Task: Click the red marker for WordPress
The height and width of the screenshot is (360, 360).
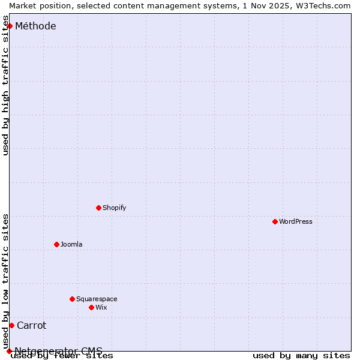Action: pyautogui.click(x=275, y=221)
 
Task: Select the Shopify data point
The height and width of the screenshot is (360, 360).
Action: pyautogui.click(x=98, y=208)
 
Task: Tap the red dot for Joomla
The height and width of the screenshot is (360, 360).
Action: pyautogui.click(x=56, y=244)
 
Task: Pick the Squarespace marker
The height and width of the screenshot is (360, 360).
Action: pyautogui.click(x=72, y=299)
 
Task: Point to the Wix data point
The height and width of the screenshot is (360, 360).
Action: pyautogui.click(x=91, y=307)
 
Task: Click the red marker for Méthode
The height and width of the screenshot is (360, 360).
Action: pyautogui.click(x=10, y=26)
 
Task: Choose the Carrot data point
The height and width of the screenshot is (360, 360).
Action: pyautogui.click(x=11, y=325)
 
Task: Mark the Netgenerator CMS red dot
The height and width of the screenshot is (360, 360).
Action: pyautogui.click(x=9, y=351)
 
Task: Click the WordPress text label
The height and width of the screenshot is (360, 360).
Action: pyautogui.click(x=295, y=221)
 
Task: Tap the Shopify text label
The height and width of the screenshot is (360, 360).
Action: pyautogui.click(x=114, y=208)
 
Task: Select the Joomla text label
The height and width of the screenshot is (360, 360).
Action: pyautogui.click(x=71, y=244)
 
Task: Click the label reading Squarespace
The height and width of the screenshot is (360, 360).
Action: pyautogui.click(x=97, y=299)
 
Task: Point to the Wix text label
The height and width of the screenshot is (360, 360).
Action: pyautogui.click(x=101, y=307)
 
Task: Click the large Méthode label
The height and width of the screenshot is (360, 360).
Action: pyautogui.click(x=35, y=26)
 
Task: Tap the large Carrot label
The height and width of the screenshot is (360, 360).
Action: pyautogui.click(x=31, y=325)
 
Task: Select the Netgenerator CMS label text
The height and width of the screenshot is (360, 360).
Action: pyautogui.click(x=58, y=351)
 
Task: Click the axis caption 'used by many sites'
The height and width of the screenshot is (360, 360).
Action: pyautogui.click(x=301, y=356)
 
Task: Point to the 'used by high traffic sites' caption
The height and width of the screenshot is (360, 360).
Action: pyautogui.click(x=6, y=90)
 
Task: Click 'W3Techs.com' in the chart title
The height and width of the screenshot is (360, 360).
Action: pyautogui.click(x=322, y=5)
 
